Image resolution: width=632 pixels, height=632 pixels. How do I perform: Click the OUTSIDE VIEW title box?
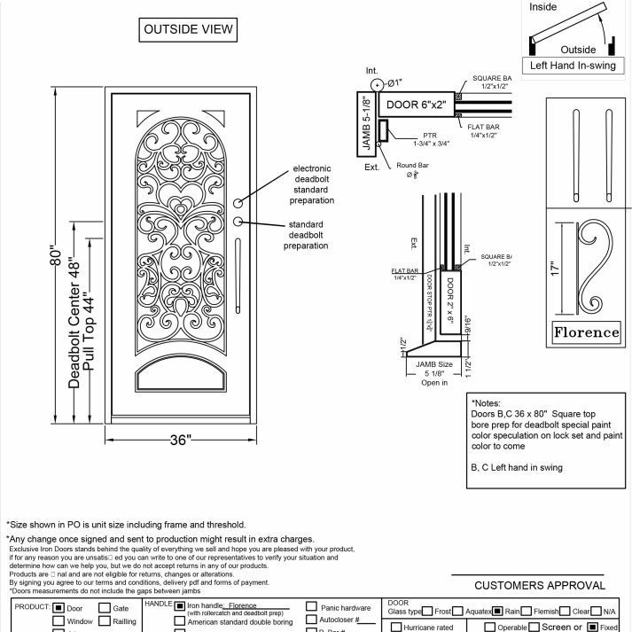tap(188, 29)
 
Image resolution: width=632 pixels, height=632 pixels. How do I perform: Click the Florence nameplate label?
tap(586, 332)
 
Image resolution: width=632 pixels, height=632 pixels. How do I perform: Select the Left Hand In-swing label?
tap(572, 66)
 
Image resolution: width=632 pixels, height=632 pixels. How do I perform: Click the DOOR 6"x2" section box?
tap(417, 105)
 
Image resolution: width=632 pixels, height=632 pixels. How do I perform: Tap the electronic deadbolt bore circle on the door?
tap(238, 203)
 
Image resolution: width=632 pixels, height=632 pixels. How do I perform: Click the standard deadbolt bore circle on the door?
tap(238, 221)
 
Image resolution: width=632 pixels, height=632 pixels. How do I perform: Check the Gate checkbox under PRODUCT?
tap(105, 608)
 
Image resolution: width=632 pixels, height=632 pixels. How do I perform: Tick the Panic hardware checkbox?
tap(311, 607)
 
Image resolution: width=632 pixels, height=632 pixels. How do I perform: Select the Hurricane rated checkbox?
tap(395, 627)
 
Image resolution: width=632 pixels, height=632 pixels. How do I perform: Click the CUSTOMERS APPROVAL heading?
tap(540, 585)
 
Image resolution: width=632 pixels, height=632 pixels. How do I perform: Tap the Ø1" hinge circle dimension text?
tap(394, 82)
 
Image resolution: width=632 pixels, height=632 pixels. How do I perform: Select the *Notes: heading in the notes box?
tap(490, 402)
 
